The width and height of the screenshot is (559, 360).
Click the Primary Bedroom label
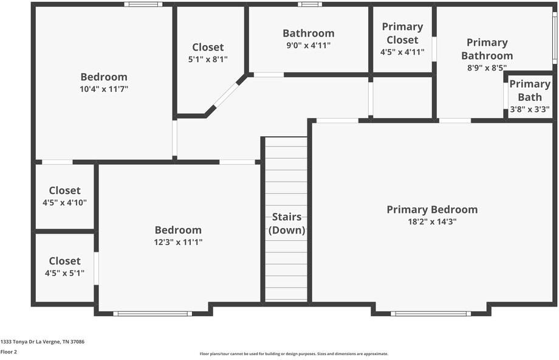pos(432,210)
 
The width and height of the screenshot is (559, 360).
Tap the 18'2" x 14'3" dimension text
pos(432,222)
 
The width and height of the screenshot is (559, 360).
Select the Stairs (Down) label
pos(287,223)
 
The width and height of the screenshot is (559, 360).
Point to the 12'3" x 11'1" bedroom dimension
pos(178,242)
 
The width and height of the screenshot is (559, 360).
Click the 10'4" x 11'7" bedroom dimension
pos(104,89)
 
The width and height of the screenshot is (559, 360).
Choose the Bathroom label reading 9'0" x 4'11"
pos(308,33)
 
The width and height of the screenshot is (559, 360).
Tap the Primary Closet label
pos(402,33)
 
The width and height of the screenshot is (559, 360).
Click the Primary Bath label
pos(530,90)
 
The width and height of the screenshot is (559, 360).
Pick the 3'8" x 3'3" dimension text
pos(530,109)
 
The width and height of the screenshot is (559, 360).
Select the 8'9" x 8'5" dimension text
pos(487,68)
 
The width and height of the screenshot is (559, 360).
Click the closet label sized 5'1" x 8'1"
pos(208,47)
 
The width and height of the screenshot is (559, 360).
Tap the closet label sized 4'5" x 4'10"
pos(64,190)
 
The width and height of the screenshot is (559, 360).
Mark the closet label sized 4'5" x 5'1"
pos(64,261)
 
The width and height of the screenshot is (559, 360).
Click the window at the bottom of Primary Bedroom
pos(430,314)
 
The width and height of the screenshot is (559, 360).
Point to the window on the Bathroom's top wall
pos(310,4)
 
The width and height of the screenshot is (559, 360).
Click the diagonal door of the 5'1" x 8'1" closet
pos(226,95)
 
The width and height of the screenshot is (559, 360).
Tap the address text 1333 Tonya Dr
pos(43,342)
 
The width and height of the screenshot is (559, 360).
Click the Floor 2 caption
pos(9,351)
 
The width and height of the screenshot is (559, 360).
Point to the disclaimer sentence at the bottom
pos(294,354)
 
